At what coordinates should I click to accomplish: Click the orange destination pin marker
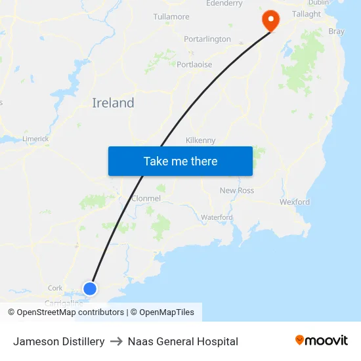click(270, 20)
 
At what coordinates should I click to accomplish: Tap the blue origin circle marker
click(90, 288)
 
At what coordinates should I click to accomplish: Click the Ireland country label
click(113, 103)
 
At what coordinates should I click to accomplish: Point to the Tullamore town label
click(171, 16)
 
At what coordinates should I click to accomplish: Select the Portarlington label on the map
click(207, 39)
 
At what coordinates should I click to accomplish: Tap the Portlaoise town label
click(194, 64)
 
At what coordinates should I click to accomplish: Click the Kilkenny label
click(201, 140)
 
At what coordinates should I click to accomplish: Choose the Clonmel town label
click(146, 198)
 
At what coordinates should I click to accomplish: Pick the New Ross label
click(237, 190)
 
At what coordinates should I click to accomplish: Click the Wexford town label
click(295, 202)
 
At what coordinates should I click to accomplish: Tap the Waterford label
click(217, 217)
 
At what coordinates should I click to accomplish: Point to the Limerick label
click(35, 138)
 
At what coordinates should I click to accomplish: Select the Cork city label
click(55, 288)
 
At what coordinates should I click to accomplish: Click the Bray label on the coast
click(336, 31)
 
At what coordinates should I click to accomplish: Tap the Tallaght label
click(307, 14)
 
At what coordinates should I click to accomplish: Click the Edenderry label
click(224, 3)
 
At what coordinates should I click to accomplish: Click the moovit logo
click(322, 341)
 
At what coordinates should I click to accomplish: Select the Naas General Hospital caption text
click(183, 341)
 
